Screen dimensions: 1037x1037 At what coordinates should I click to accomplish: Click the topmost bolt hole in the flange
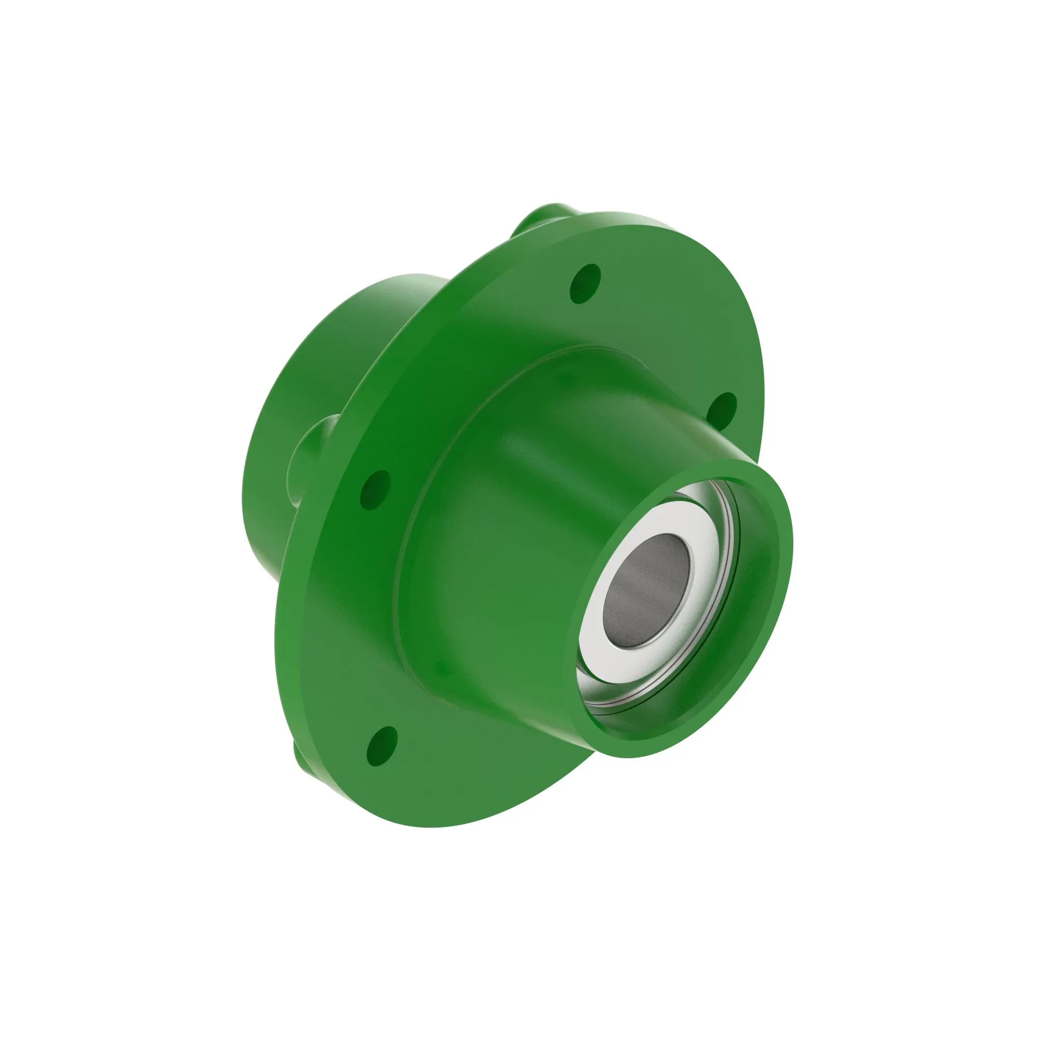point(584,283)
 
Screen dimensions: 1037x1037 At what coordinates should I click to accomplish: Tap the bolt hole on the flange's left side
point(375,489)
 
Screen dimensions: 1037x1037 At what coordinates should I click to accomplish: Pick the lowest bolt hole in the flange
point(382,745)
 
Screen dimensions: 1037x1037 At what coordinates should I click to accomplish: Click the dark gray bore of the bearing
point(646,591)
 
